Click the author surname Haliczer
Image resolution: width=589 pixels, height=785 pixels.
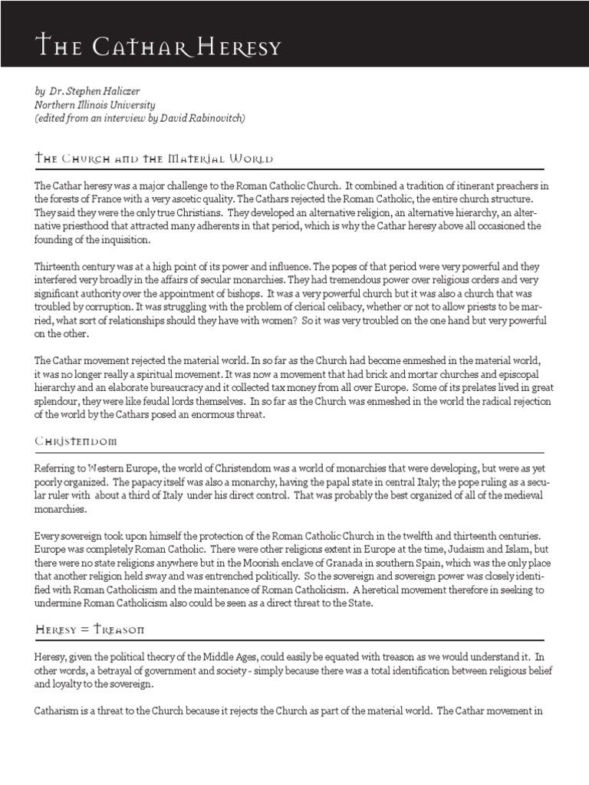pos(121,90)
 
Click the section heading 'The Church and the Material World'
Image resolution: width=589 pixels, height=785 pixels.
pos(154,159)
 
